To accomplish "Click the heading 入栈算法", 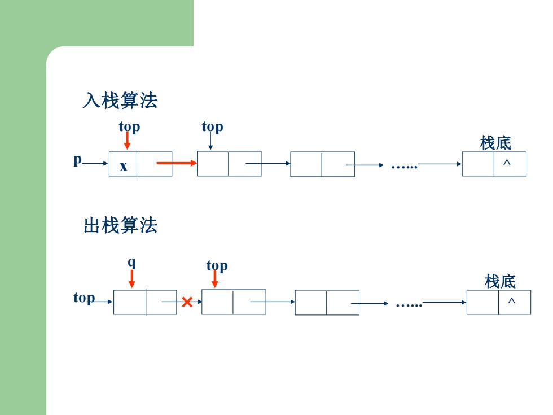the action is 120,101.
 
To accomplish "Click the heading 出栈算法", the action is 120,225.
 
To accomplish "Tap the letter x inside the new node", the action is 123,166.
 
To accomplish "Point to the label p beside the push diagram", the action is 78,160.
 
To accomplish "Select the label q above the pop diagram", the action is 131,263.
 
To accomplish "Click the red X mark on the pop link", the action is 187,302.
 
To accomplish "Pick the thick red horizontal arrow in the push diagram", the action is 177,163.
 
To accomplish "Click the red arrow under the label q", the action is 131,279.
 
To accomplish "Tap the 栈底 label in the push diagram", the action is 495,143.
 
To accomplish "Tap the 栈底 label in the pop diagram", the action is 500,281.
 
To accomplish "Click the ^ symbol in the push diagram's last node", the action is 507,163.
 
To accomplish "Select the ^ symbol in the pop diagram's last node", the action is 511,301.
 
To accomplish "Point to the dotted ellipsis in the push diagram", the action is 404,167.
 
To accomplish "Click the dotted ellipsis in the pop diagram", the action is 409,305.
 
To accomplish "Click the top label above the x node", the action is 129,126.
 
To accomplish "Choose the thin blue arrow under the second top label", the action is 210,141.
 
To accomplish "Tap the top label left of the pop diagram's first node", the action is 84,298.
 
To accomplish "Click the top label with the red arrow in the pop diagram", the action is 217,266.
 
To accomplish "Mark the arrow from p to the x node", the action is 95,163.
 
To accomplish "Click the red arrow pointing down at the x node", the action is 128,141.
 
